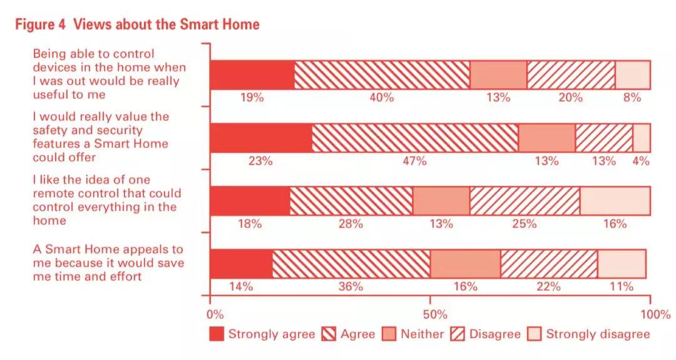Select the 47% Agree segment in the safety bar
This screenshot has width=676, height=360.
(x=415, y=138)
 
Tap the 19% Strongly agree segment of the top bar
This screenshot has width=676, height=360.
(x=252, y=75)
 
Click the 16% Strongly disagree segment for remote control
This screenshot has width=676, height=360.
(x=615, y=201)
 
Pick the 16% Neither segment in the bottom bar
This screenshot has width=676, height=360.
(x=465, y=264)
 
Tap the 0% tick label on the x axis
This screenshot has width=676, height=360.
(x=214, y=313)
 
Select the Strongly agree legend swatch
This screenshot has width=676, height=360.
(x=216, y=334)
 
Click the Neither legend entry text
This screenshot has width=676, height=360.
(x=422, y=334)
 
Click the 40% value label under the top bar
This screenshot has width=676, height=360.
(x=381, y=97)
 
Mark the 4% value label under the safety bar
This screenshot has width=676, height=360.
(x=640, y=161)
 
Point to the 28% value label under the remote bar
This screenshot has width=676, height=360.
(x=351, y=224)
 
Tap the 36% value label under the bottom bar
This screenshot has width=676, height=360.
(x=351, y=286)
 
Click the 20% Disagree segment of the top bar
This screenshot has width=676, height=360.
(x=571, y=75)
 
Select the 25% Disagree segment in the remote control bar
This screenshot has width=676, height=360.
(x=525, y=201)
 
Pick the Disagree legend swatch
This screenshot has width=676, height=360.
(x=458, y=334)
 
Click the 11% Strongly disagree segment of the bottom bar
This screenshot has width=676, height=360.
(x=622, y=264)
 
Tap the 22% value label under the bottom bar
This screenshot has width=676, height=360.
(x=548, y=286)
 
